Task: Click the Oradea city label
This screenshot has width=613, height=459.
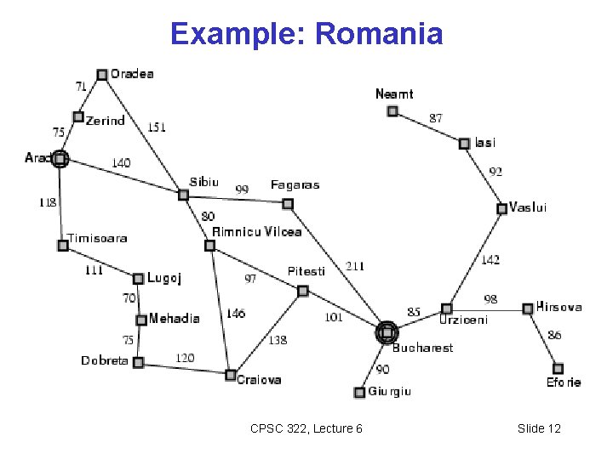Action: [132, 74]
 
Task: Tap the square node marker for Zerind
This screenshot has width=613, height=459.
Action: [78, 117]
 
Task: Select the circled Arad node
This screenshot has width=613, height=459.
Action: [60, 158]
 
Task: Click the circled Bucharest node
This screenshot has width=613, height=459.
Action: [387, 332]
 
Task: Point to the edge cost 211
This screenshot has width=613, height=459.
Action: [354, 266]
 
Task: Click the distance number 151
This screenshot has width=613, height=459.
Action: [157, 127]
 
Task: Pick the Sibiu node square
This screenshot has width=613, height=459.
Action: [183, 195]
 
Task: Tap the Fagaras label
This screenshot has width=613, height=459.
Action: [295, 184]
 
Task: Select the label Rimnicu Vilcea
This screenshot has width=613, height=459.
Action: [256, 231]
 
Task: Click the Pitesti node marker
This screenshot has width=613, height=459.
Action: [302, 291]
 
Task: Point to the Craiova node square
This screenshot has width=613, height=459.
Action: [230, 375]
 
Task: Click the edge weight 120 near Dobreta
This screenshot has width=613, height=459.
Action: [185, 358]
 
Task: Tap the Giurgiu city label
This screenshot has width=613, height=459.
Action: [390, 392]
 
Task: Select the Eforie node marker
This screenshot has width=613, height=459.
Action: [558, 369]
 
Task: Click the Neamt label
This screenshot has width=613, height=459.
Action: [394, 93]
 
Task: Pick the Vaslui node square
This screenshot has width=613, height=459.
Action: [502, 208]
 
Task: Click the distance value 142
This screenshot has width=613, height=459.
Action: [490, 260]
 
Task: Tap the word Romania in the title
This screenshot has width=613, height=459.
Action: [380, 34]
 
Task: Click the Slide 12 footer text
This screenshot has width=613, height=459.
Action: [539, 428]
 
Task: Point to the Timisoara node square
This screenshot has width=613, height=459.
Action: [63, 246]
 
